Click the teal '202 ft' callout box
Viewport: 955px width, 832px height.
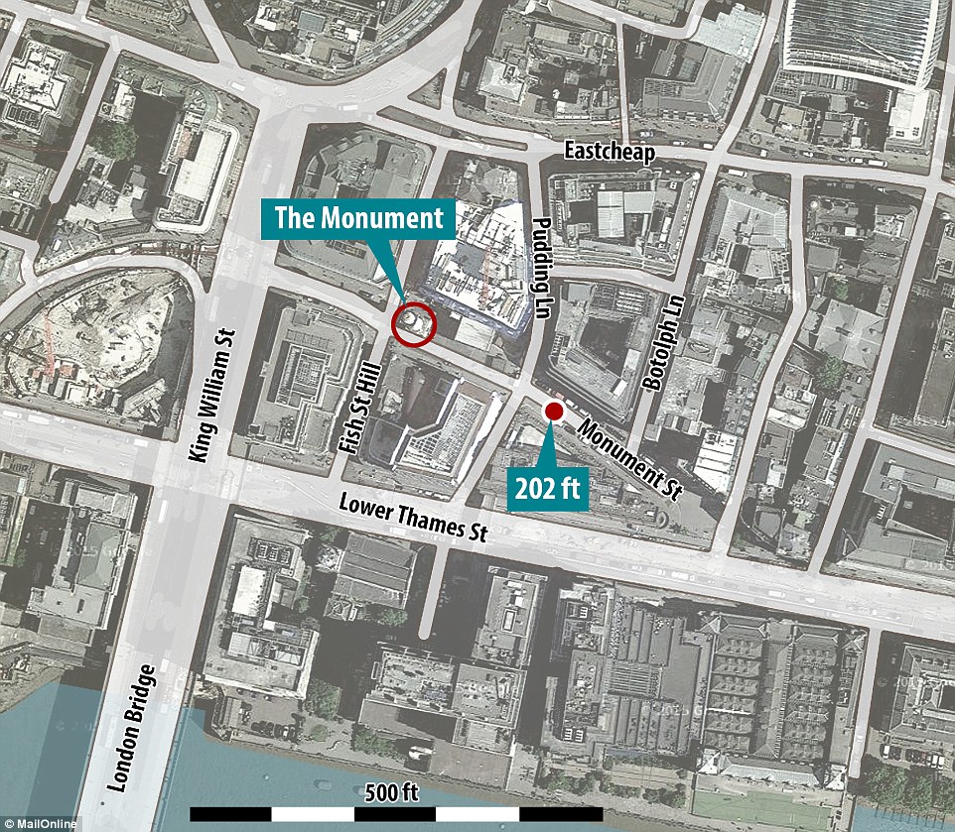tap(549, 487)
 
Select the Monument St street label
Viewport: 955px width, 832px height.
tap(626, 460)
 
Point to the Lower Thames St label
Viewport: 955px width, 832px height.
tap(416, 517)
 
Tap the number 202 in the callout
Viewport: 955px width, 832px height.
tap(537, 487)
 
